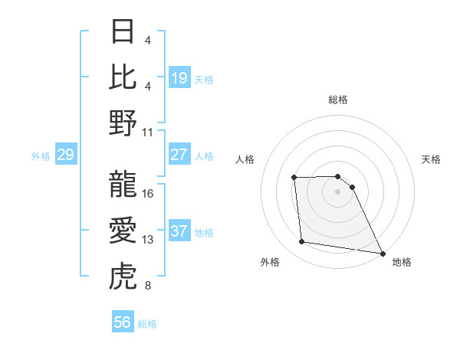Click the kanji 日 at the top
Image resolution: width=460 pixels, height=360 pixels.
(x=123, y=31)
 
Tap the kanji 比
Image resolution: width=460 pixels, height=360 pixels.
(x=123, y=77)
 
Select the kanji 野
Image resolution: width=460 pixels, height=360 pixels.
(x=123, y=123)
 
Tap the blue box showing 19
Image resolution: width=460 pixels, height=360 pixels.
(x=179, y=78)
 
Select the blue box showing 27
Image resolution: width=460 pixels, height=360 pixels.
(x=179, y=155)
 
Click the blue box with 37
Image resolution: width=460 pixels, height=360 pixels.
(x=179, y=231)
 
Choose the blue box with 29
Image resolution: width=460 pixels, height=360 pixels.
(x=65, y=155)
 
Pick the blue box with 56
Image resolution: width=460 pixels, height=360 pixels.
(x=123, y=322)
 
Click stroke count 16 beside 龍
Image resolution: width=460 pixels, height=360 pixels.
(x=148, y=194)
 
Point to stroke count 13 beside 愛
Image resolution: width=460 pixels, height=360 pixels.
(x=148, y=240)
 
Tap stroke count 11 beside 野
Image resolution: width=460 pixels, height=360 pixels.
(x=148, y=132)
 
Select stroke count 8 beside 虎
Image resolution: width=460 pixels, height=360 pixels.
(x=148, y=286)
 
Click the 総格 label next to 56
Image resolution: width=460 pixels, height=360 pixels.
(x=147, y=324)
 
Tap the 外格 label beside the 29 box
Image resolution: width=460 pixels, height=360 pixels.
(x=41, y=156)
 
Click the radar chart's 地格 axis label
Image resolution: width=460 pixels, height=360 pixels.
(x=402, y=262)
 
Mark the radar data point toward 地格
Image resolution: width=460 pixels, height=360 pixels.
(x=383, y=254)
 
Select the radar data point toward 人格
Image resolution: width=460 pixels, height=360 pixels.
(x=294, y=178)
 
